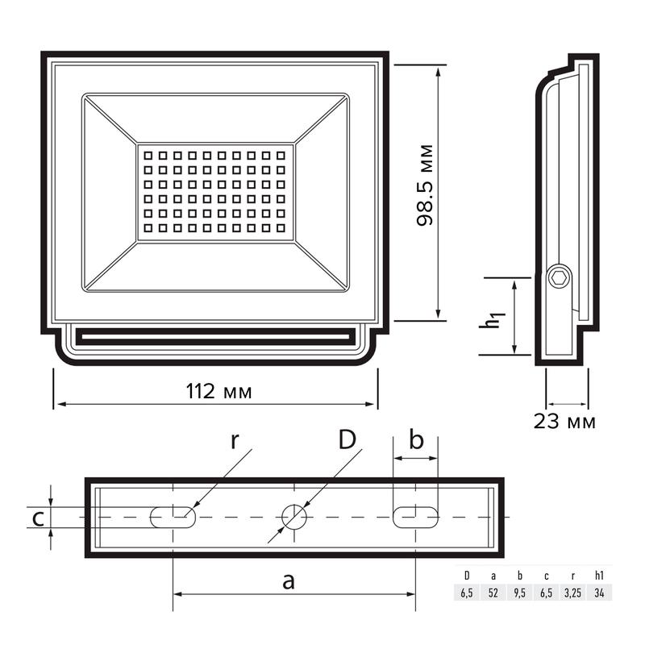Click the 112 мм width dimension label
[218, 391]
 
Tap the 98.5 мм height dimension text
[425, 185]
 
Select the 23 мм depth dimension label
[564, 422]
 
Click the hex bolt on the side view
[560, 278]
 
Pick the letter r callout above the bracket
[235, 441]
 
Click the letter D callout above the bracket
[347, 439]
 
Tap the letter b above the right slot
[416, 439]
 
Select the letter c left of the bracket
[38, 519]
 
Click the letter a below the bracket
[289, 581]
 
